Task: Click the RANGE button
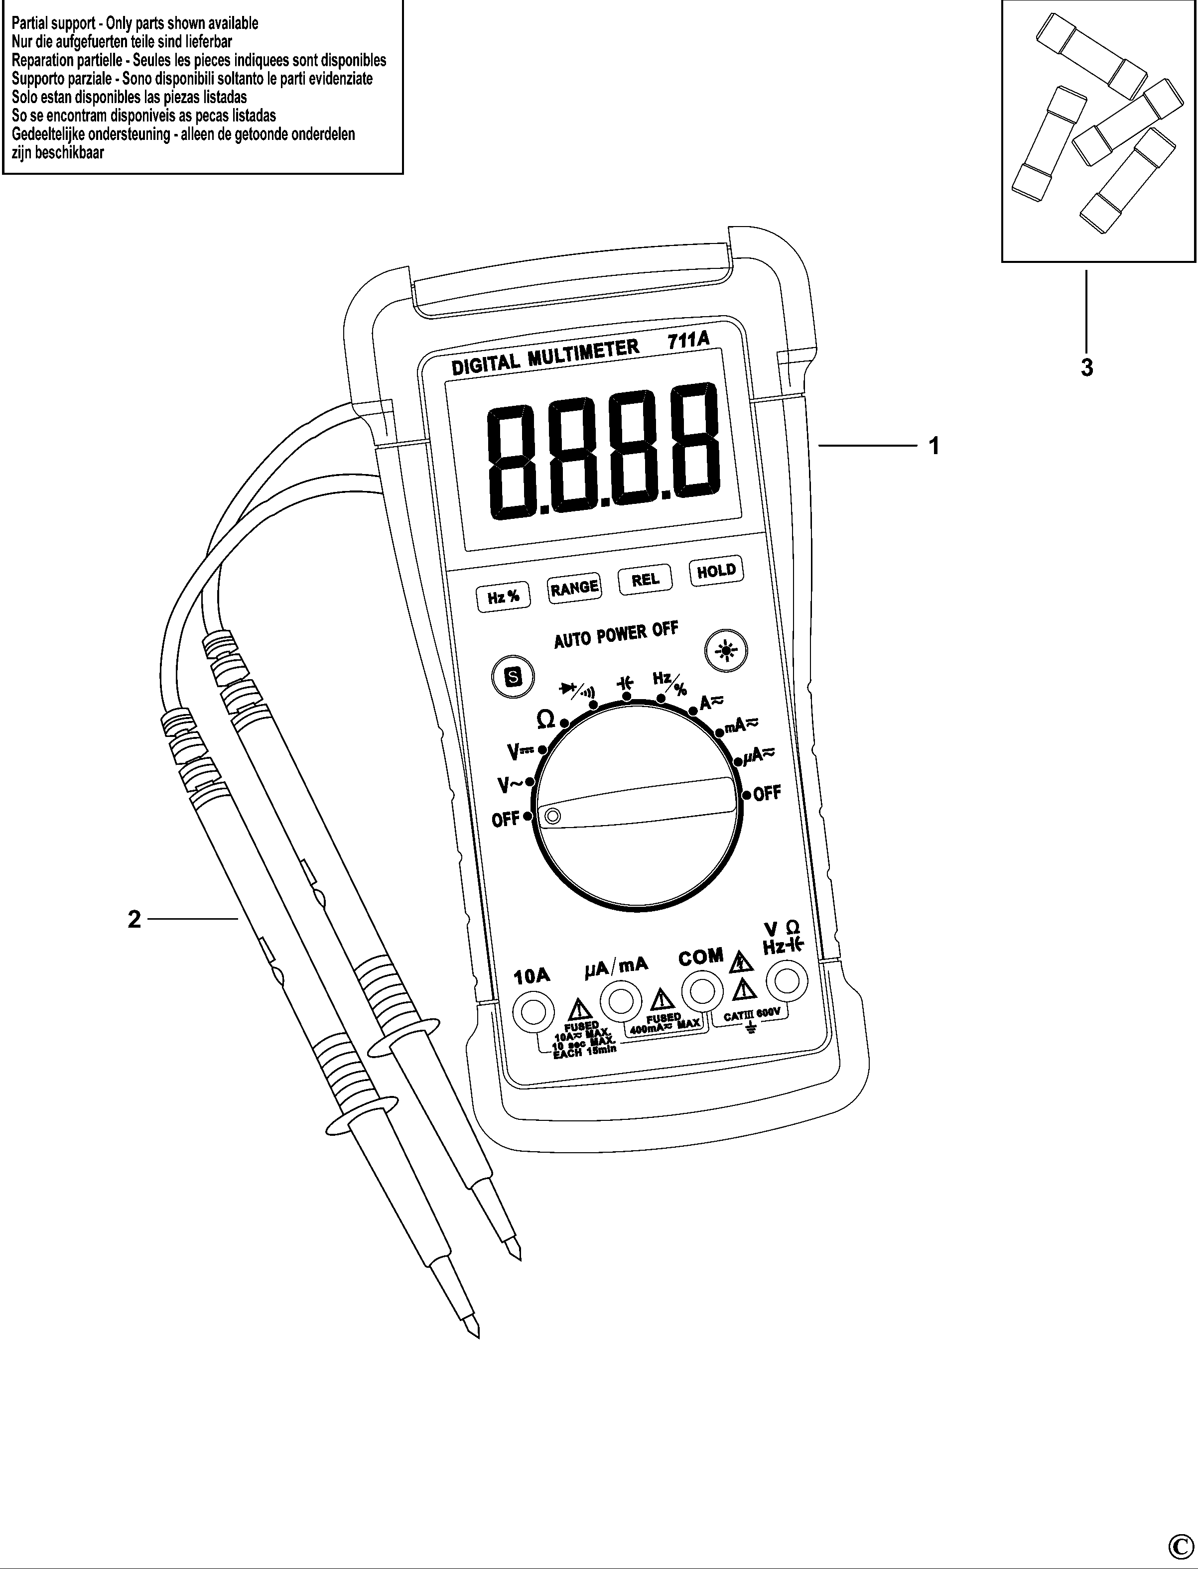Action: pyautogui.click(x=574, y=588)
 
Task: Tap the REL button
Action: pyautogui.click(x=646, y=580)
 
